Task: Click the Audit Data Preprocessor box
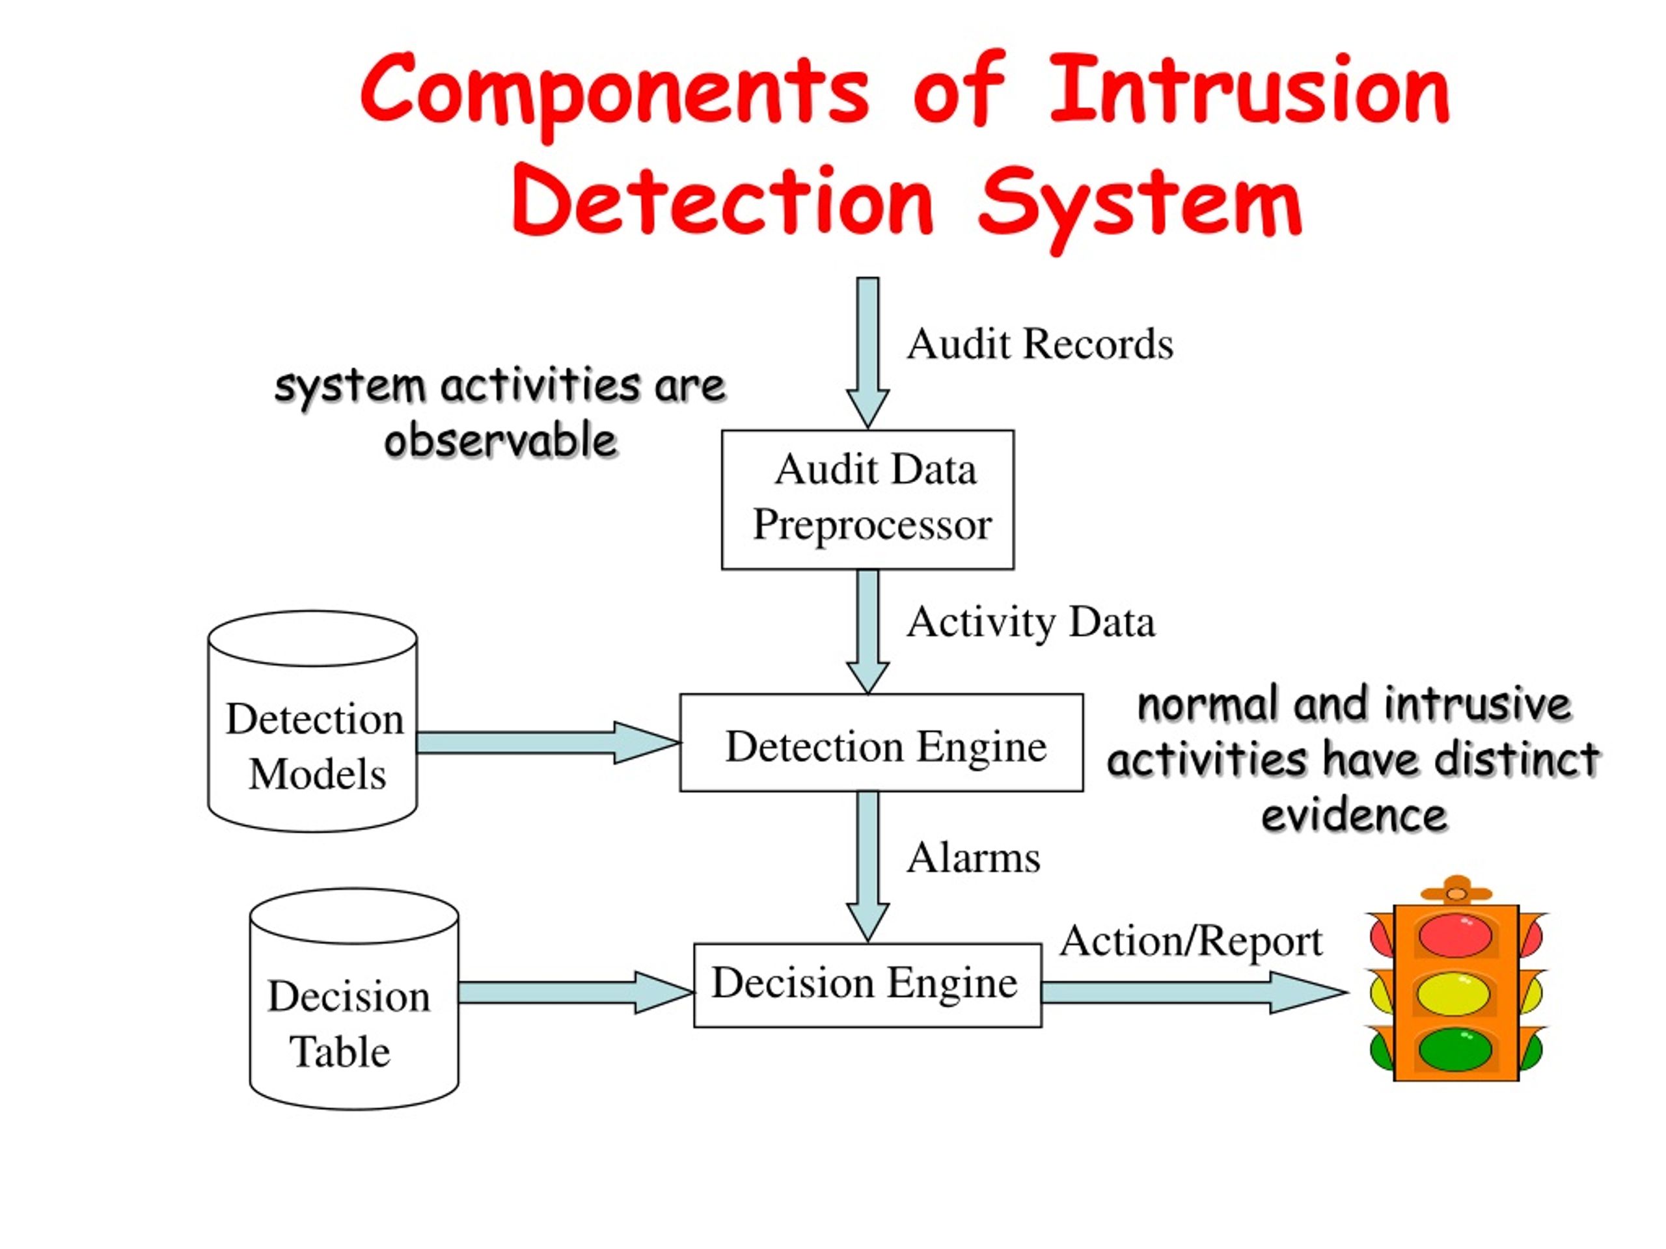tap(867, 499)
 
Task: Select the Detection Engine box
tap(881, 743)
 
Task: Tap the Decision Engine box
tap(867, 985)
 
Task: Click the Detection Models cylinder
tap(312, 745)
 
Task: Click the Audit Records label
tap(1039, 345)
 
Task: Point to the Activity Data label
tap(1030, 623)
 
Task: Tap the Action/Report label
tap(1191, 942)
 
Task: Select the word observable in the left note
tap(501, 441)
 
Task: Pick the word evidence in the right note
tap(1354, 815)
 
